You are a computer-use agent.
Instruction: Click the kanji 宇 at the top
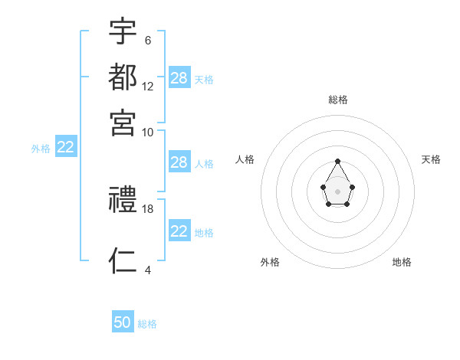[x=123, y=33]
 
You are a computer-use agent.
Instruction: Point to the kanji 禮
[x=123, y=201]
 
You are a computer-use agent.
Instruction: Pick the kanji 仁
[x=123, y=261]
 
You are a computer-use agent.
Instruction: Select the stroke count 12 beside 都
[x=148, y=86]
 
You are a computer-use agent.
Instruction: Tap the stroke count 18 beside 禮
[x=148, y=208]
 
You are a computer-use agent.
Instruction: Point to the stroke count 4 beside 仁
[x=147, y=270]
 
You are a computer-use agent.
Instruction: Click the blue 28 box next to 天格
[x=179, y=77]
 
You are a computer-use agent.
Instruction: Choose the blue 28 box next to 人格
[x=179, y=162]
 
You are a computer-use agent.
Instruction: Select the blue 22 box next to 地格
[x=179, y=231]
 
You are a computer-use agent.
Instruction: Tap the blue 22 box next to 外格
[x=65, y=148]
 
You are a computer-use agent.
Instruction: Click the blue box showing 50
[x=123, y=322]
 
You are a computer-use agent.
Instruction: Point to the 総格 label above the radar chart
[x=337, y=100]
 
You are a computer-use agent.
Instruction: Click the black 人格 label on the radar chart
[x=245, y=159]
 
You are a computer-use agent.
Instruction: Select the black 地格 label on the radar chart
[x=402, y=262]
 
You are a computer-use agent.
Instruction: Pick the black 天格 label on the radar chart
[x=431, y=159]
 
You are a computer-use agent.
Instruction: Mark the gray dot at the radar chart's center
[x=337, y=191]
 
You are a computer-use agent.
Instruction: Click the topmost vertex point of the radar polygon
[x=337, y=161]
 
